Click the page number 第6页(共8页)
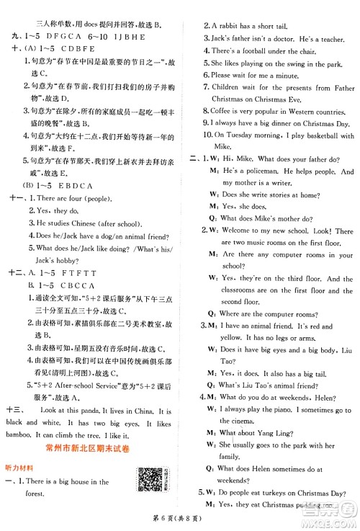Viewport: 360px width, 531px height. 180,521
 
